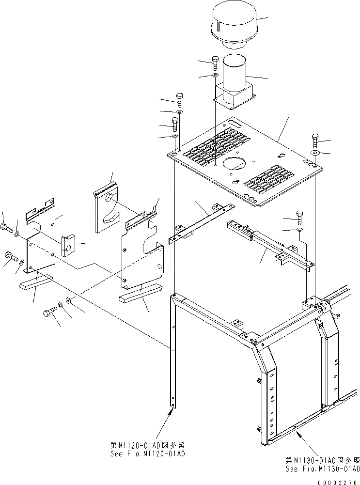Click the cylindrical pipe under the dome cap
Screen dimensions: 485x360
point(235,73)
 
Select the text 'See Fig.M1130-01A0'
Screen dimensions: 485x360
point(322,469)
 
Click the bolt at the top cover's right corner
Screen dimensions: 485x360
point(316,141)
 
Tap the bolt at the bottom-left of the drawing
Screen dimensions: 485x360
point(49,313)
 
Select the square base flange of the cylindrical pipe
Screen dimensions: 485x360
point(234,97)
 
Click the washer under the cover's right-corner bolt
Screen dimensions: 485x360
point(315,153)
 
